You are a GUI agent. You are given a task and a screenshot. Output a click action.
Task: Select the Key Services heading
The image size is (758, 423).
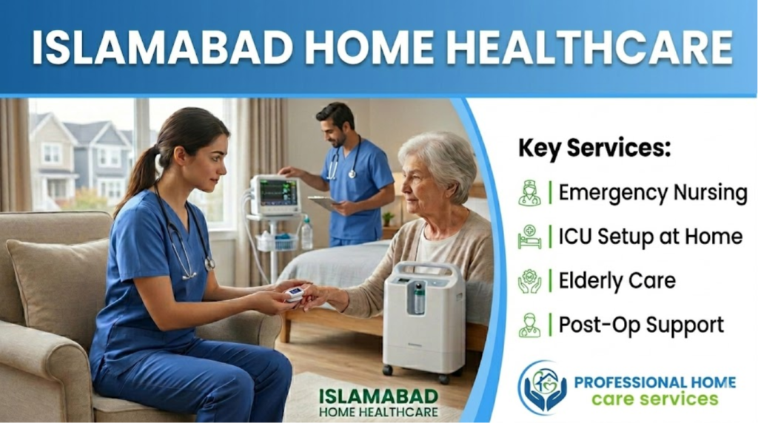coord(594,148)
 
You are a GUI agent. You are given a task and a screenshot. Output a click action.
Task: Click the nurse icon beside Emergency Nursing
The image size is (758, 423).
coord(530,193)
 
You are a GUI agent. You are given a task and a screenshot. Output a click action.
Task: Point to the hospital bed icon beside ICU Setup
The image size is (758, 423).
coord(530,237)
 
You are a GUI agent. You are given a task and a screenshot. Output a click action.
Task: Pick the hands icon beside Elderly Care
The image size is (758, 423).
coord(530,281)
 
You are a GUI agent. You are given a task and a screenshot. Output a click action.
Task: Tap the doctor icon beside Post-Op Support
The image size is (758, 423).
coord(530,325)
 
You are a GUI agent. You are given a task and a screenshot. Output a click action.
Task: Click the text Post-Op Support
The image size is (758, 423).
coord(642,325)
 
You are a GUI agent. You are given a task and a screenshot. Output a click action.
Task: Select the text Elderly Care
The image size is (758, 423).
coord(617,280)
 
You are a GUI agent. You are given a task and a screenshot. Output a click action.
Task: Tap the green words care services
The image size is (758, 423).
coord(655,399)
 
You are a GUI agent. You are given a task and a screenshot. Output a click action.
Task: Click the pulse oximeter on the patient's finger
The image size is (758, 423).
coord(295,293)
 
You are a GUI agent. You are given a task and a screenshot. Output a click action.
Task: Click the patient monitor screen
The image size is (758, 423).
coord(277,192)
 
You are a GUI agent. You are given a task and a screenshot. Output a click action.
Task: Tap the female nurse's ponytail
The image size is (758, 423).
coord(139,176)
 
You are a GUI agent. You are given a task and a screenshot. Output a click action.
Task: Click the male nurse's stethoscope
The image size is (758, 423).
coord(343,160)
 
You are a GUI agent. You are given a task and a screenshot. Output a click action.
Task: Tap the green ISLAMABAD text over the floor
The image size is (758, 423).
coord(378,396)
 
